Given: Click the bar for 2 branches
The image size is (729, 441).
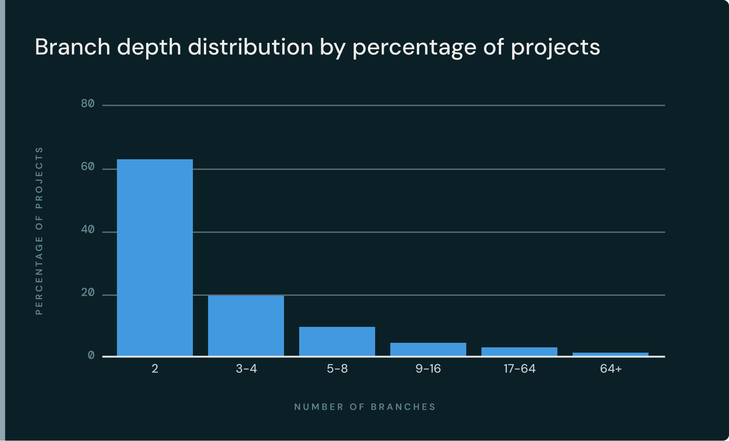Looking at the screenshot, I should pos(155,257).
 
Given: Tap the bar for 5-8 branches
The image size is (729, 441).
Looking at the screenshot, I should pos(337,341).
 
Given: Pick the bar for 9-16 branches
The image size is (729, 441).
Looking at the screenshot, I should pos(428,349).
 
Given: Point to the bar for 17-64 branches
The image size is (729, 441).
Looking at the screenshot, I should pos(519,352).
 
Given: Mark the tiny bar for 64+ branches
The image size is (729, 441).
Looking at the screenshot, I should pos(611,354).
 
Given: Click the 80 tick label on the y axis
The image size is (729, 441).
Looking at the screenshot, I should pos(88,104).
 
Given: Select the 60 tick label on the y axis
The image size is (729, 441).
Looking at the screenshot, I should pos(88,167).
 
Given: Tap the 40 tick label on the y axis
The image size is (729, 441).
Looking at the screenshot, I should pos(88,230).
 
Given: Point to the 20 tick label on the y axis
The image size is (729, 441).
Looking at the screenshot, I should pos(88,293).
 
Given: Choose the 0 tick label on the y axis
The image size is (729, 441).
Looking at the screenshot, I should pos(91,356).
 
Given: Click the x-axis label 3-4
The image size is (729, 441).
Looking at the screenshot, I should pos(246,369).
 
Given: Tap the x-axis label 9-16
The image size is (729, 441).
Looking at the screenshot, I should pos(428,369).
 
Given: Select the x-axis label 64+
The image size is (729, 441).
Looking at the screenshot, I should pos(611,369).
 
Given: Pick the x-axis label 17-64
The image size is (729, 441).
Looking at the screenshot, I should pos(519,369).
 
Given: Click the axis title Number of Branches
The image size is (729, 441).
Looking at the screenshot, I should pos(365,407).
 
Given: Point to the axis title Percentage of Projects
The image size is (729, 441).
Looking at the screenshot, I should pos(39,231).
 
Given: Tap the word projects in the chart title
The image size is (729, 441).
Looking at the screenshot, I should pos(555,47).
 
